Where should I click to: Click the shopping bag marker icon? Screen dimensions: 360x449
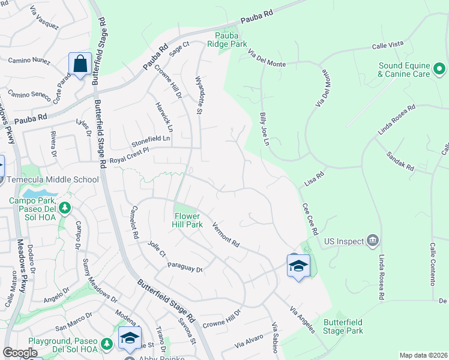click(80, 64)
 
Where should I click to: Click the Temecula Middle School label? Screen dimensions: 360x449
click(52, 179)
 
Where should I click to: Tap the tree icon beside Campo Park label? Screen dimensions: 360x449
click(65, 208)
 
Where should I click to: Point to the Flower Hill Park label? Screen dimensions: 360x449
click(188, 220)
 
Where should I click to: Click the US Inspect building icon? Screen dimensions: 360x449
click(373, 241)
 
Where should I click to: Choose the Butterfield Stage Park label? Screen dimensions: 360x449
click(343, 326)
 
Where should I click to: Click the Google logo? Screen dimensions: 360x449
click(20, 353)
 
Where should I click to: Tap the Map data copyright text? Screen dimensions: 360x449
click(423, 355)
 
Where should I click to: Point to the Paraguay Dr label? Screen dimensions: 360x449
click(185, 267)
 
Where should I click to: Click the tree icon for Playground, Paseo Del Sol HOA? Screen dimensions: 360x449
click(107, 344)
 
